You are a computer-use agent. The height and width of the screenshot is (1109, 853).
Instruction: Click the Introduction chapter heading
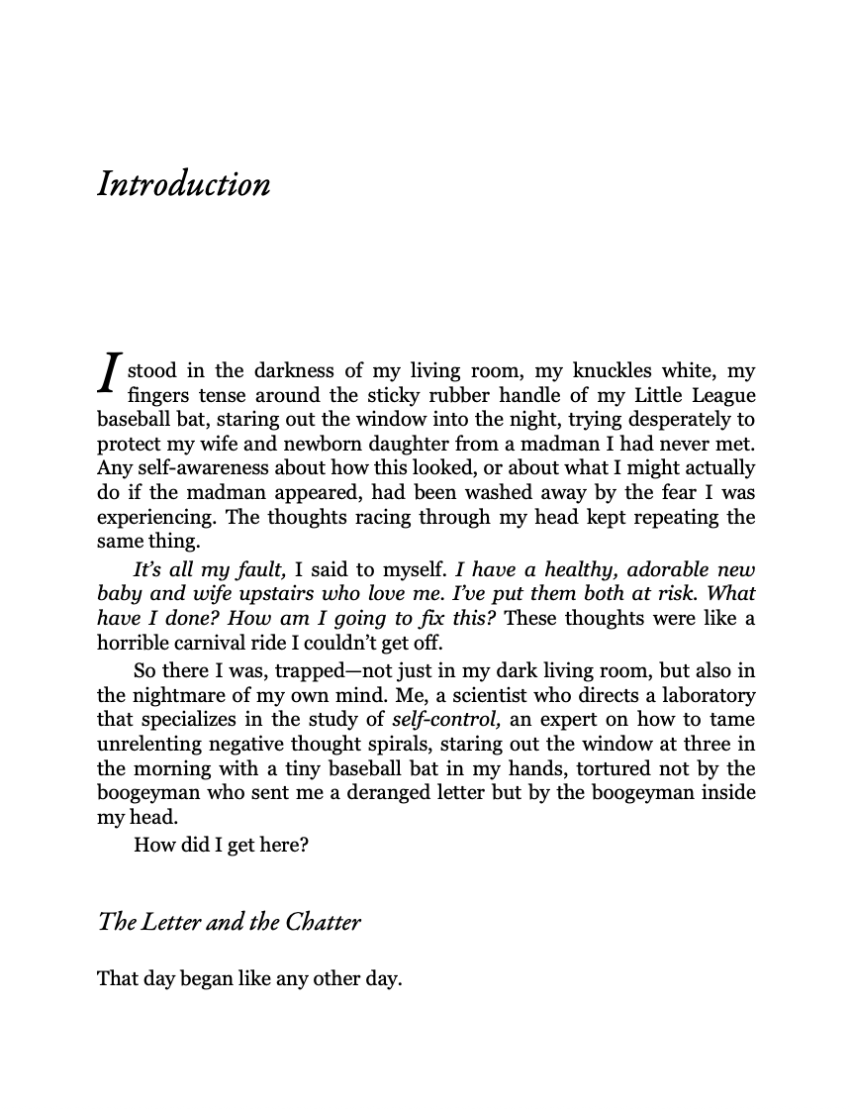pyautogui.click(x=183, y=185)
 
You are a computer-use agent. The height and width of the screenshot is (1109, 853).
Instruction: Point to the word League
pyautogui.click(x=718, y=396)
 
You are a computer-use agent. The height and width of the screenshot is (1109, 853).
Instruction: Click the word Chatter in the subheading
pyautogui.click(x=324, y=923)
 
